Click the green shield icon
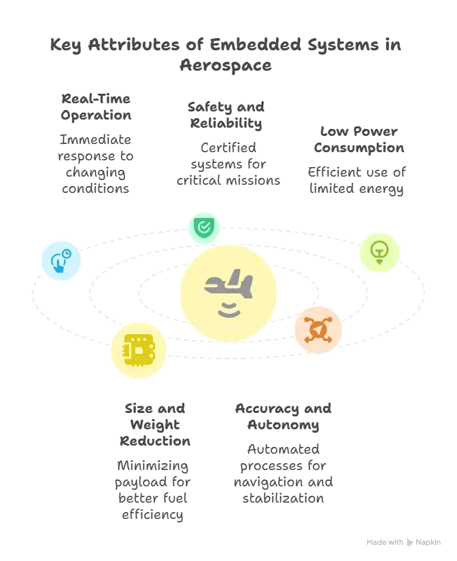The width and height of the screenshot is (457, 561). [x=203, y=227]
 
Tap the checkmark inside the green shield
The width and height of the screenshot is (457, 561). [x=203, y=227]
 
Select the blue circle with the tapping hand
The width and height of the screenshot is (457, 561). [x=61, y=261]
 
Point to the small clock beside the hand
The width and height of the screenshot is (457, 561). [x=66, y=254]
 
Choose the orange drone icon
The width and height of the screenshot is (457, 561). [x=318, y=329]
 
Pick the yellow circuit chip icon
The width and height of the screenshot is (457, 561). [x=139, y=350]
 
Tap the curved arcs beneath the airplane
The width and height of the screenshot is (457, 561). [x=228, y=310]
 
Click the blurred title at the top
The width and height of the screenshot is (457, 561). [x=226, y=56]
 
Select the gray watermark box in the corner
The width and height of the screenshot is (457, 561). [x=402, y=543]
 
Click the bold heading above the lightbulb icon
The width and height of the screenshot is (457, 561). [x=358, y=139]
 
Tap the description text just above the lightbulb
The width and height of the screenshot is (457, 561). [x=358, y=180]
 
